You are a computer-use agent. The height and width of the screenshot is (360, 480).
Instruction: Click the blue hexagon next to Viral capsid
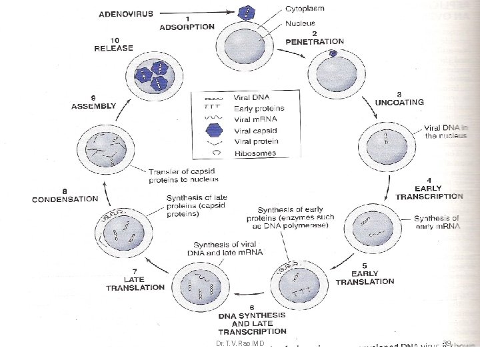(203, 130)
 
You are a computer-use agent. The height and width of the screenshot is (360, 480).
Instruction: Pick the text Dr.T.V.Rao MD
(236, 344)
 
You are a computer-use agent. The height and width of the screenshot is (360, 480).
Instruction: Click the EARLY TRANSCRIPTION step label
(429, 191)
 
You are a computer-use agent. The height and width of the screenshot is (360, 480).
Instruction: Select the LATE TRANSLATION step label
(135, 283)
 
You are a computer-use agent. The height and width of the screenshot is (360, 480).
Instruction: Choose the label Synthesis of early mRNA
(437, 223)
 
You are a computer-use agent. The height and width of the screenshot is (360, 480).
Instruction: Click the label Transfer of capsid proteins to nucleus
(184, 175)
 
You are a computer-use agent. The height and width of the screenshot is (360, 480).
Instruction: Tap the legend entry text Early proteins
(259, 108)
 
